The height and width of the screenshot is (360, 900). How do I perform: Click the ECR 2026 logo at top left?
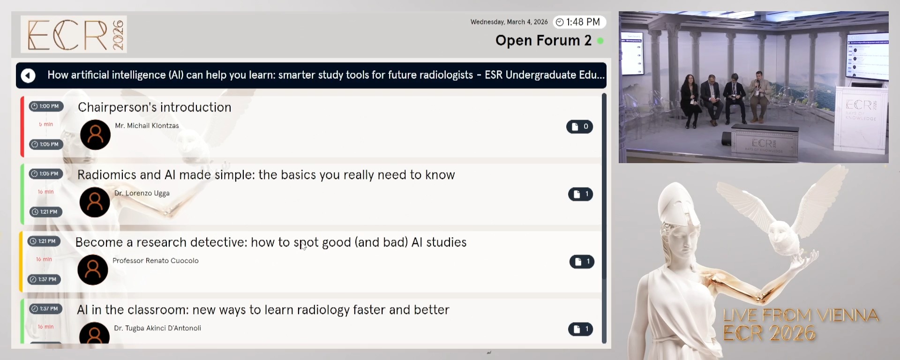tap(74, 34)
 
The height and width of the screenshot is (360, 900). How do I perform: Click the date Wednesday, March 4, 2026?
tap(509, 22)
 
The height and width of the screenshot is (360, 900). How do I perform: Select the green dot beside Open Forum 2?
tap(600, 41)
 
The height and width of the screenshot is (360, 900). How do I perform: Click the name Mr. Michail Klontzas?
tap(147, 126)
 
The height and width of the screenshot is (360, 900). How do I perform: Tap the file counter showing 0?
tap(579, 127)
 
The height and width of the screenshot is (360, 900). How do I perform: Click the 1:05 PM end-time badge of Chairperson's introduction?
tap(46, 144)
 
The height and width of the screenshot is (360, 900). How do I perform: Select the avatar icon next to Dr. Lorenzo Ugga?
tap(95, 202)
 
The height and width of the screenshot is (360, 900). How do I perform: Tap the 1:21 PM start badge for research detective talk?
tap(44, 241)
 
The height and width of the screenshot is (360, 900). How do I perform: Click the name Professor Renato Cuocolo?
tap(155, 261)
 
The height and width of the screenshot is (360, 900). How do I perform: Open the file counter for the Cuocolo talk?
tap(582, 262)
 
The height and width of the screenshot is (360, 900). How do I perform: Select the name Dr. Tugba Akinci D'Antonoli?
tap(157, 328)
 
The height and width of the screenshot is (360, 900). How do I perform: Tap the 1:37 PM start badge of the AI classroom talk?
tap(45, 308)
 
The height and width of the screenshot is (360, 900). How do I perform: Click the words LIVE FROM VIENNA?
tap(800, 315)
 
